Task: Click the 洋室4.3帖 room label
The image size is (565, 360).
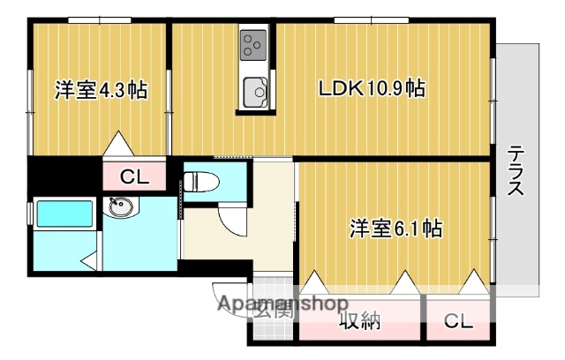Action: [100, 90]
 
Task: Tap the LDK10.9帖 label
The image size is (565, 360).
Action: [372, 89]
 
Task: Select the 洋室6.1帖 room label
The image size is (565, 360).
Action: [395, 229]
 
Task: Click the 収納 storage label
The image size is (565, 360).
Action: [360, 320]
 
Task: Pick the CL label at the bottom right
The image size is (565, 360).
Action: [457, 320]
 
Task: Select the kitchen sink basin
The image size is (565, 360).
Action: [255, 90]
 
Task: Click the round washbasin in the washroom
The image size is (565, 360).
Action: [118, 208]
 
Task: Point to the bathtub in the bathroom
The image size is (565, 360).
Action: [64, 214]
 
